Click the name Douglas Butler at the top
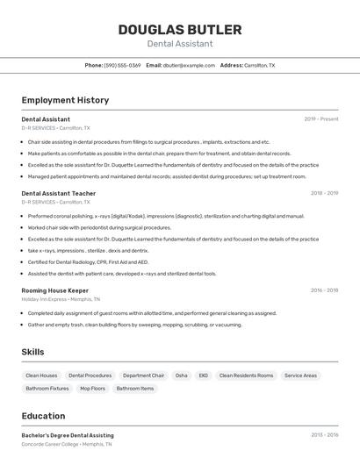179,30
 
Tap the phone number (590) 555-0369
122,65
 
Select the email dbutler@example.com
189,65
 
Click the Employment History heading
65,100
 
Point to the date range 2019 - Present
321,119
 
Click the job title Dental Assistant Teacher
59,193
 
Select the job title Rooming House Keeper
55,290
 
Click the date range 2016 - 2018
324,290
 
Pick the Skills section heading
33,352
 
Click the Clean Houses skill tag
41,376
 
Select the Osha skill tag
181,376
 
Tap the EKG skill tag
203,376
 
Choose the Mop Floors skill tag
92,388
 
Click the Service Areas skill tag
300,376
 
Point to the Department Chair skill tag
143,376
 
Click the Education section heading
43,416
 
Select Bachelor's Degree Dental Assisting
68,435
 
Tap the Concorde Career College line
66,444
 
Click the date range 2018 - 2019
324,193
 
